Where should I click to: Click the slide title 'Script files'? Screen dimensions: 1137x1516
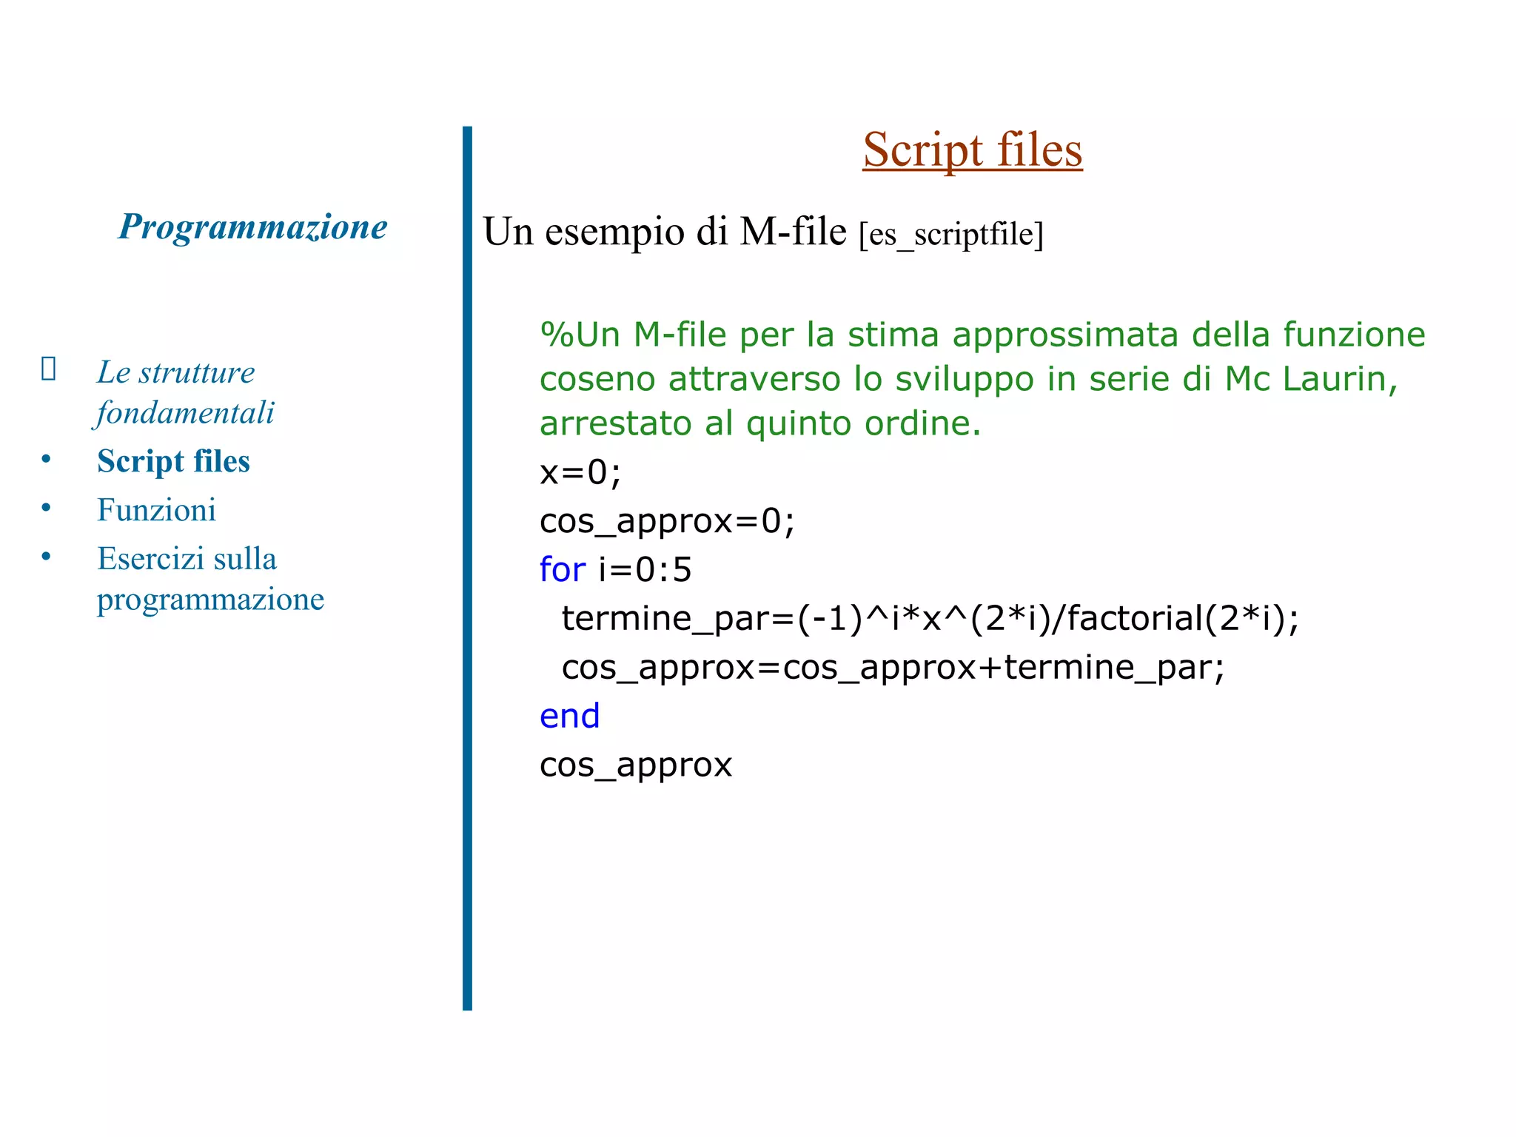972,150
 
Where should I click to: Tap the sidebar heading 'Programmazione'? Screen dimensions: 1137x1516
252,227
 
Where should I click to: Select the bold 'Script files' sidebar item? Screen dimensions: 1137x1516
173,461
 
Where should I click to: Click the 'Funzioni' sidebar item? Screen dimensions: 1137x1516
156,510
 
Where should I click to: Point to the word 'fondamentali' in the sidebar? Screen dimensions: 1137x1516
185,413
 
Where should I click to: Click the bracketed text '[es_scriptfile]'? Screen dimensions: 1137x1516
950,235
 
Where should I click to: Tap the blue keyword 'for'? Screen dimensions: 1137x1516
563,570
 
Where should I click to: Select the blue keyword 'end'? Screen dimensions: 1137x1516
569,717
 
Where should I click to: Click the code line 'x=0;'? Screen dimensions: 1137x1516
580,472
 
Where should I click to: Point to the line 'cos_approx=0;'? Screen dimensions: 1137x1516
667,521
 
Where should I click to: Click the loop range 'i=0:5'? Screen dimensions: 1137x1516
645,570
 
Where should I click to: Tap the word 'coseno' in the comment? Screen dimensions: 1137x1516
597,380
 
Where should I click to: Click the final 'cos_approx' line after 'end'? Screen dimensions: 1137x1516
635,765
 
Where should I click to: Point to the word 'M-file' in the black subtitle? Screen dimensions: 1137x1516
793,232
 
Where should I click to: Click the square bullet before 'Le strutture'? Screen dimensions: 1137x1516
48,368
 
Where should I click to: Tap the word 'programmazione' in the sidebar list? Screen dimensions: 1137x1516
210,600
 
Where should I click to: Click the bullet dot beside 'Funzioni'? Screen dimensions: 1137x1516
46,508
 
